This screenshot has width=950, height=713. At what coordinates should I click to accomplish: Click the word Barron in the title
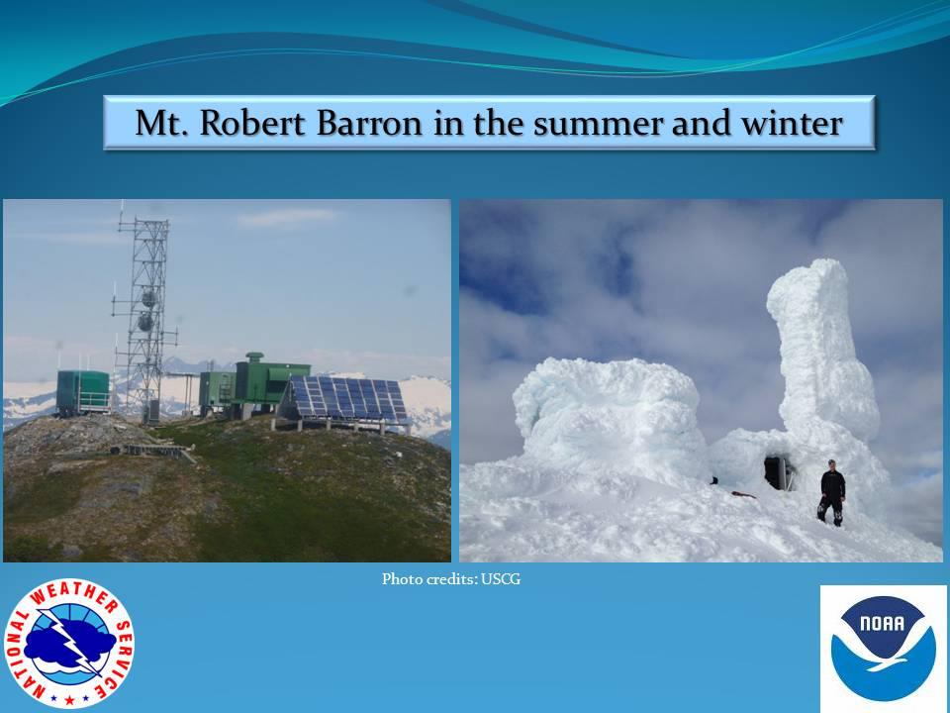click(x=369, y=123)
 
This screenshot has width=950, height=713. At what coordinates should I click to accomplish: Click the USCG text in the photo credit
click(x=501, y=579)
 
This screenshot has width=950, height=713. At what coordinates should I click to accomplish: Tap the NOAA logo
click(x=884, y=648)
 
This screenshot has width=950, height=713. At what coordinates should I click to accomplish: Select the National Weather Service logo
click(x=69, y=644)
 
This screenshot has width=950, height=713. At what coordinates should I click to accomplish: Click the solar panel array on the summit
click(x=343, y=400)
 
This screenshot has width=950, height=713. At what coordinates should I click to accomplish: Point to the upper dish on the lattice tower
click(x=148, y=298)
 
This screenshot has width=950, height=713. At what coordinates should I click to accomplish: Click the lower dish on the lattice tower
click(x=146, y=321)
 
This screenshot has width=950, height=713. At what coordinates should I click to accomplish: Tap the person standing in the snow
click(x=832, y=492)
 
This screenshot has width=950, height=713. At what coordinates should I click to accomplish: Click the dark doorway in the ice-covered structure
click(x=778, y=472)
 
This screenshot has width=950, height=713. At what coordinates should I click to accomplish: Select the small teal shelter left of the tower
click(x=83, y=393)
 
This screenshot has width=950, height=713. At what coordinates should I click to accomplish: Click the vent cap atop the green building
click(x=254, y=356)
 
